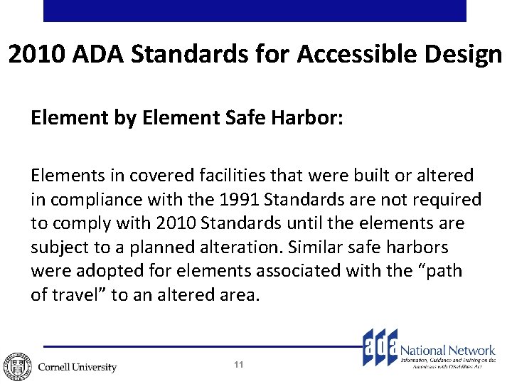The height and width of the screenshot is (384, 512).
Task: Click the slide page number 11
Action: [239, 365]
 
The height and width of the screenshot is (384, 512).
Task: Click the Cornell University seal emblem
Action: [16, 366]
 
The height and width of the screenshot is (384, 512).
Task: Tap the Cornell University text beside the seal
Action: [77, 367]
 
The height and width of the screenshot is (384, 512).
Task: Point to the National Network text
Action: [447, 350]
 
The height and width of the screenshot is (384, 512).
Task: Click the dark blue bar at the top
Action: [255, 11]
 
